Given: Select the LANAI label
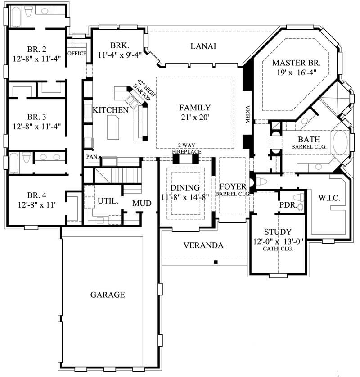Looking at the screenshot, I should click(203, 46).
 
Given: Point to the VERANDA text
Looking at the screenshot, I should click(203, 245).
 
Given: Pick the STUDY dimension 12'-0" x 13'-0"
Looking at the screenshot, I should click(278, 241).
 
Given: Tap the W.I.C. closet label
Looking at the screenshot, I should click(328, 198).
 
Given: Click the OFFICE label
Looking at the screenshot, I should click(76, 53).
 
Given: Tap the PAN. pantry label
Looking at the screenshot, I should click(92, 157).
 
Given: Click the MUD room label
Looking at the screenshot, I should click(141, 204).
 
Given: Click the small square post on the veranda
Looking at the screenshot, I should click(216, 262).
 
